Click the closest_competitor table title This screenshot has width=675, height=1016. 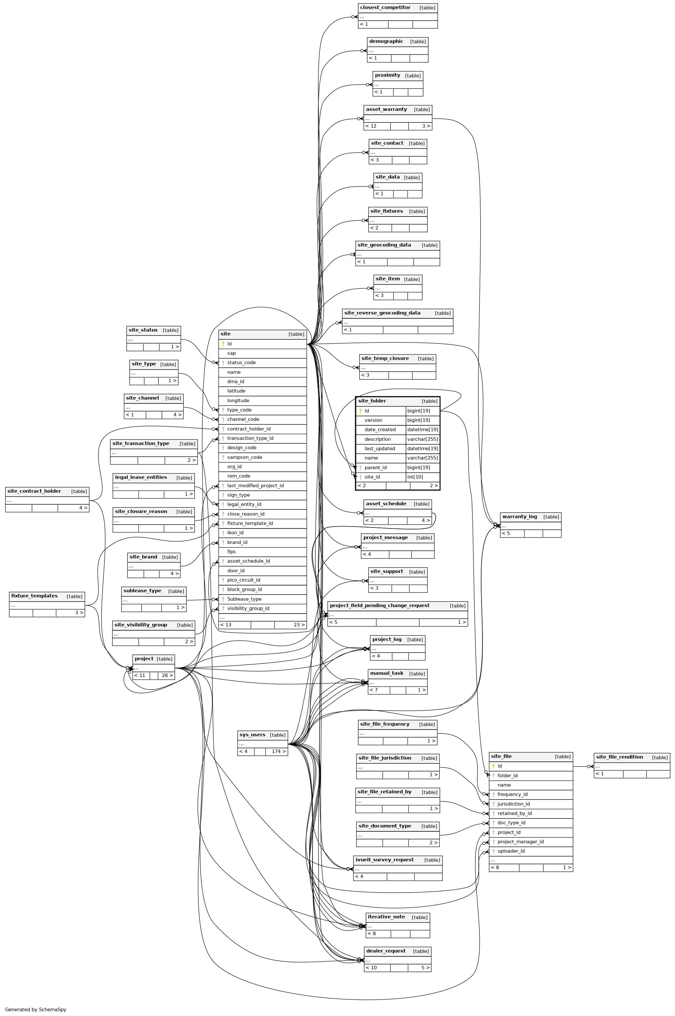coord(385,8)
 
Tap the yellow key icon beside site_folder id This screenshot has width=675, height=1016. coord(360,411)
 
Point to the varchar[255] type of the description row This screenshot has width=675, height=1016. coord(422,439)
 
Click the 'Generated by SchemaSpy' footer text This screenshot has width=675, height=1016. coord(36,1009)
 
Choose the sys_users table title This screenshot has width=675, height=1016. coord(252,735)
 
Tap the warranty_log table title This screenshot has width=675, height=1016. coord(520,517)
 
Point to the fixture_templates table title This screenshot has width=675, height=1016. coord(35,596)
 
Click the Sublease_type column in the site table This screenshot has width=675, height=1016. coord(244,599)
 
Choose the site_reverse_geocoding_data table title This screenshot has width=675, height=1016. coord(382,313)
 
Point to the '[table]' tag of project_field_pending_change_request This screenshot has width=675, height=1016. coord(458,606)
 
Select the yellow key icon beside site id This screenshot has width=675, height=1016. coord(223,344)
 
